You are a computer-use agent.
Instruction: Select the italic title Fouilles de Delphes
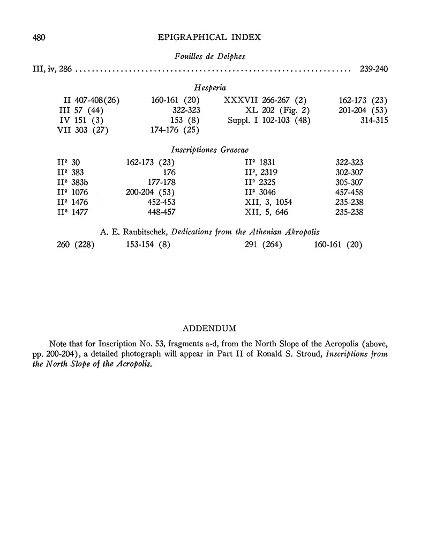click(208, 56)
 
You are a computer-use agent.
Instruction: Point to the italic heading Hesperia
click(208, 87)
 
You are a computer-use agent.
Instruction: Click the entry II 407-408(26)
click(92, 100)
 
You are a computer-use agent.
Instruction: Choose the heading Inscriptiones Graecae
click(208, 150)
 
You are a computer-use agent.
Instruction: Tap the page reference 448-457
click(162, 212)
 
